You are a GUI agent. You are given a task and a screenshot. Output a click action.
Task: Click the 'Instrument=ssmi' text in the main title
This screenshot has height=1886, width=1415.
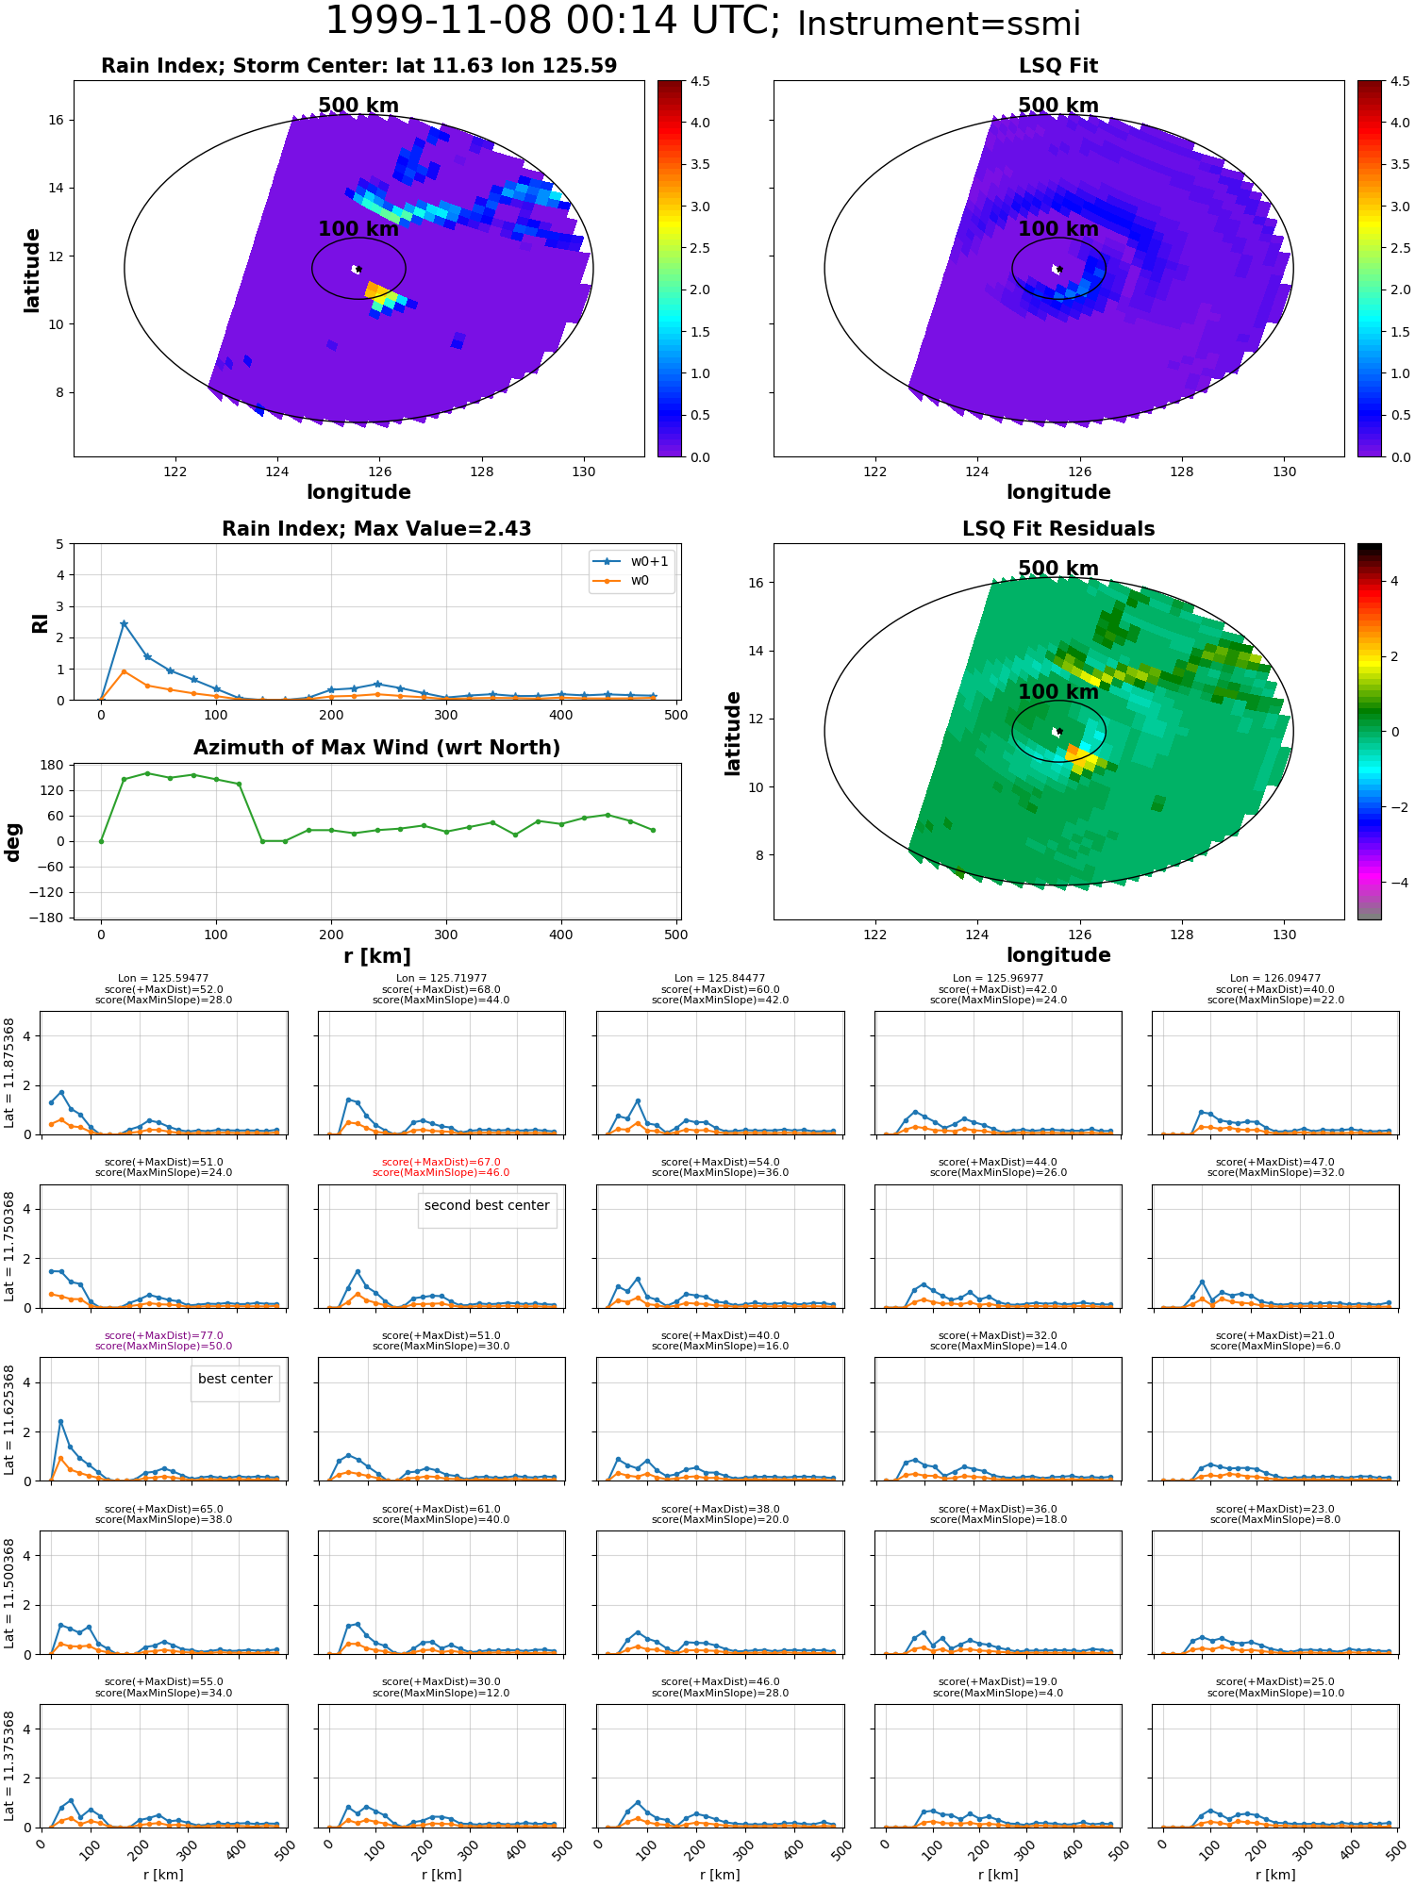click(938, 25)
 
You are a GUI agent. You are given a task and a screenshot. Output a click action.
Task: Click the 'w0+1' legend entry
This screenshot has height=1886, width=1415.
click(649, 561)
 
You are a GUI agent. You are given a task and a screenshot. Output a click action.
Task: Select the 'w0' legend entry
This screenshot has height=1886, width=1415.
click(640, 580)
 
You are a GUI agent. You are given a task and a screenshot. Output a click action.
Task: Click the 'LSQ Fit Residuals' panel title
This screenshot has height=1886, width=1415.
click(1058, 529)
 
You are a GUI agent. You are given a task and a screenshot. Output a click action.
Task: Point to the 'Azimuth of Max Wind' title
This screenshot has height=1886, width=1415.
click(376, 748)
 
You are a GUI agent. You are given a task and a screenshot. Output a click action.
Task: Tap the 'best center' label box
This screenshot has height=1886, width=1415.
click(235, 1379)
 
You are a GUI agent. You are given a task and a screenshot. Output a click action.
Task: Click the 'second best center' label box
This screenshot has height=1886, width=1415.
click(487, 1205)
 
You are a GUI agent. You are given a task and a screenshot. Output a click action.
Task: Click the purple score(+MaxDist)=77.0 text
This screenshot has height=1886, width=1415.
click(163, 1335)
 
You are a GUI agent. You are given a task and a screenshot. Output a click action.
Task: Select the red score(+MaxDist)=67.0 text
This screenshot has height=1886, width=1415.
click(441, 1162)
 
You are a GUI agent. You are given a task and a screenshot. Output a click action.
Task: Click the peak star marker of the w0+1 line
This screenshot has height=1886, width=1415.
click(124, 624)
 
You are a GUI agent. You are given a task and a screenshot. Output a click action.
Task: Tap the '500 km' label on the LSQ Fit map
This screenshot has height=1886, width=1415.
click(1058, 106)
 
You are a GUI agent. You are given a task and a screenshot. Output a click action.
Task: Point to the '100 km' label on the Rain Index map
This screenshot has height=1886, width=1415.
click(358, 229)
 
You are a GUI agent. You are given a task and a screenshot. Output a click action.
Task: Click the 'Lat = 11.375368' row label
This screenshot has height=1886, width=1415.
click(9, 1766)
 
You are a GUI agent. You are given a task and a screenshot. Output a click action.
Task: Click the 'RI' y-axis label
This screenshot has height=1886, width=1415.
click(40, 622)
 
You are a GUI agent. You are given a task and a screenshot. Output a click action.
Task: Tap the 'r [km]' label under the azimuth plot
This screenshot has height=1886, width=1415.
click(376, 956)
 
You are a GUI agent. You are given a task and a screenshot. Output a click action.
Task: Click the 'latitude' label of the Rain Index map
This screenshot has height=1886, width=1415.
click(32, 270)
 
